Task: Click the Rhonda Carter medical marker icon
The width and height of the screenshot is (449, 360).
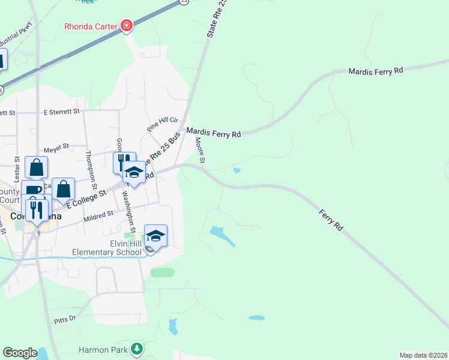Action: pyautogui.click(x=127, y=25)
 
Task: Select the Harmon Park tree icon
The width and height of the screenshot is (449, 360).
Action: pyautogui.click(x=137, y=349)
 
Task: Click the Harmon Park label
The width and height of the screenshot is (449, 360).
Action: pyautogui.click(x=104, y=349)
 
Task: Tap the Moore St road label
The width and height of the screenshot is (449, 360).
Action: pyautogui.click(x=200, y=150)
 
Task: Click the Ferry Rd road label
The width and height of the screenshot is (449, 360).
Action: pyautogui.click(x=331, y=220)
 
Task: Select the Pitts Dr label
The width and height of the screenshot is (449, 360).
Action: pyautogui.click(x=65, y=318)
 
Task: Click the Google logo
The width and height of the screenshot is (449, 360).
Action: pyautogui.click(x=20, y=353)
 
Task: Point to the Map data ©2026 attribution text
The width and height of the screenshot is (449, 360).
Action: pyautogui.click(x=423, y=355)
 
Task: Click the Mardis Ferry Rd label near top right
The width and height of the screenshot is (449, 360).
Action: pyautogui.click(x=376, y=71)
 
